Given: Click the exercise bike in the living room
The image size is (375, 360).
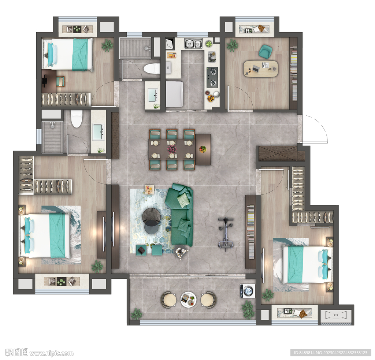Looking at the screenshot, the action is [226, 234].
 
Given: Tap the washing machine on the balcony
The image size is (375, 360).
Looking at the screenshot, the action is [247, 291].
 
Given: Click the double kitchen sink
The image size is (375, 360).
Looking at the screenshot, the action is [193, 44].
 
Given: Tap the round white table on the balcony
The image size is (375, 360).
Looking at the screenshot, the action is [189, 299].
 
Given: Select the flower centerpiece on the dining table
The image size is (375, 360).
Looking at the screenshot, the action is [172, 149].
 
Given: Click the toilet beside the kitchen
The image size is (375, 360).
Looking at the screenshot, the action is [152, 69].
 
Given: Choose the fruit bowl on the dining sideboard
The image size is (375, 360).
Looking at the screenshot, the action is [202, 149].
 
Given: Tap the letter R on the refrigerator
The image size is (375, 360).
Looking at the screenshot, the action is [168, 68].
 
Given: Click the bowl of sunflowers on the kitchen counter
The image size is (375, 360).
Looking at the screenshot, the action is [210, 98].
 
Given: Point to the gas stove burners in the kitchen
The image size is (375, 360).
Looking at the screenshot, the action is [212, 77].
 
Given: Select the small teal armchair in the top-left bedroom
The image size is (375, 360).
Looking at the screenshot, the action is [60, 81].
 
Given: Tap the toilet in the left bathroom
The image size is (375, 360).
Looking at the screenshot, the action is [77, 119].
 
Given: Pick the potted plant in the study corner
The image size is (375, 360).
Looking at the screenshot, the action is [232, 45].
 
